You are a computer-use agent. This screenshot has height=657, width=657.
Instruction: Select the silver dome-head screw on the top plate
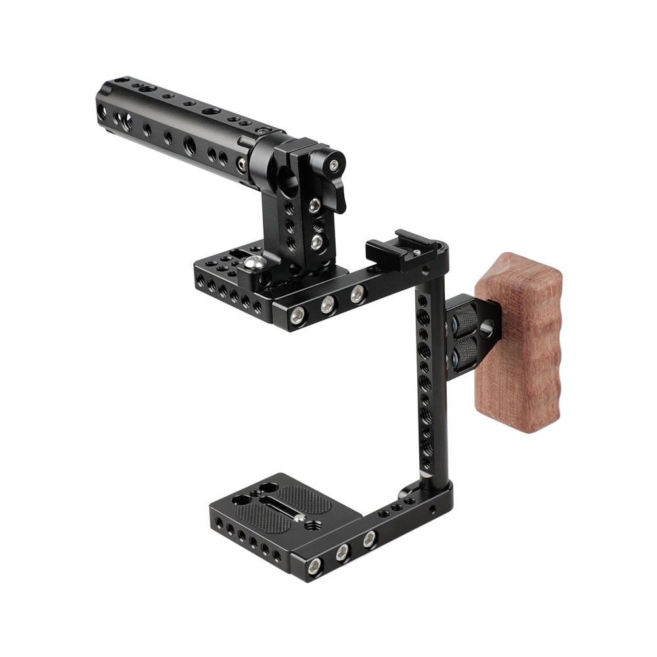point(256,263)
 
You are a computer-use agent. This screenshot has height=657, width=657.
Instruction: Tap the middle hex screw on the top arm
point(327,304)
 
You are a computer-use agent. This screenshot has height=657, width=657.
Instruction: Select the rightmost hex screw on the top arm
point(356,294)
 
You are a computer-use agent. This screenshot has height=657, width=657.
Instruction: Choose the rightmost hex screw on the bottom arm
point(369,541)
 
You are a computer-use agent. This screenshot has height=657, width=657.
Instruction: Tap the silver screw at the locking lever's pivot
point(335,165)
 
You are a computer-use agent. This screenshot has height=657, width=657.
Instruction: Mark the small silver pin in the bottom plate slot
point(299,518)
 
